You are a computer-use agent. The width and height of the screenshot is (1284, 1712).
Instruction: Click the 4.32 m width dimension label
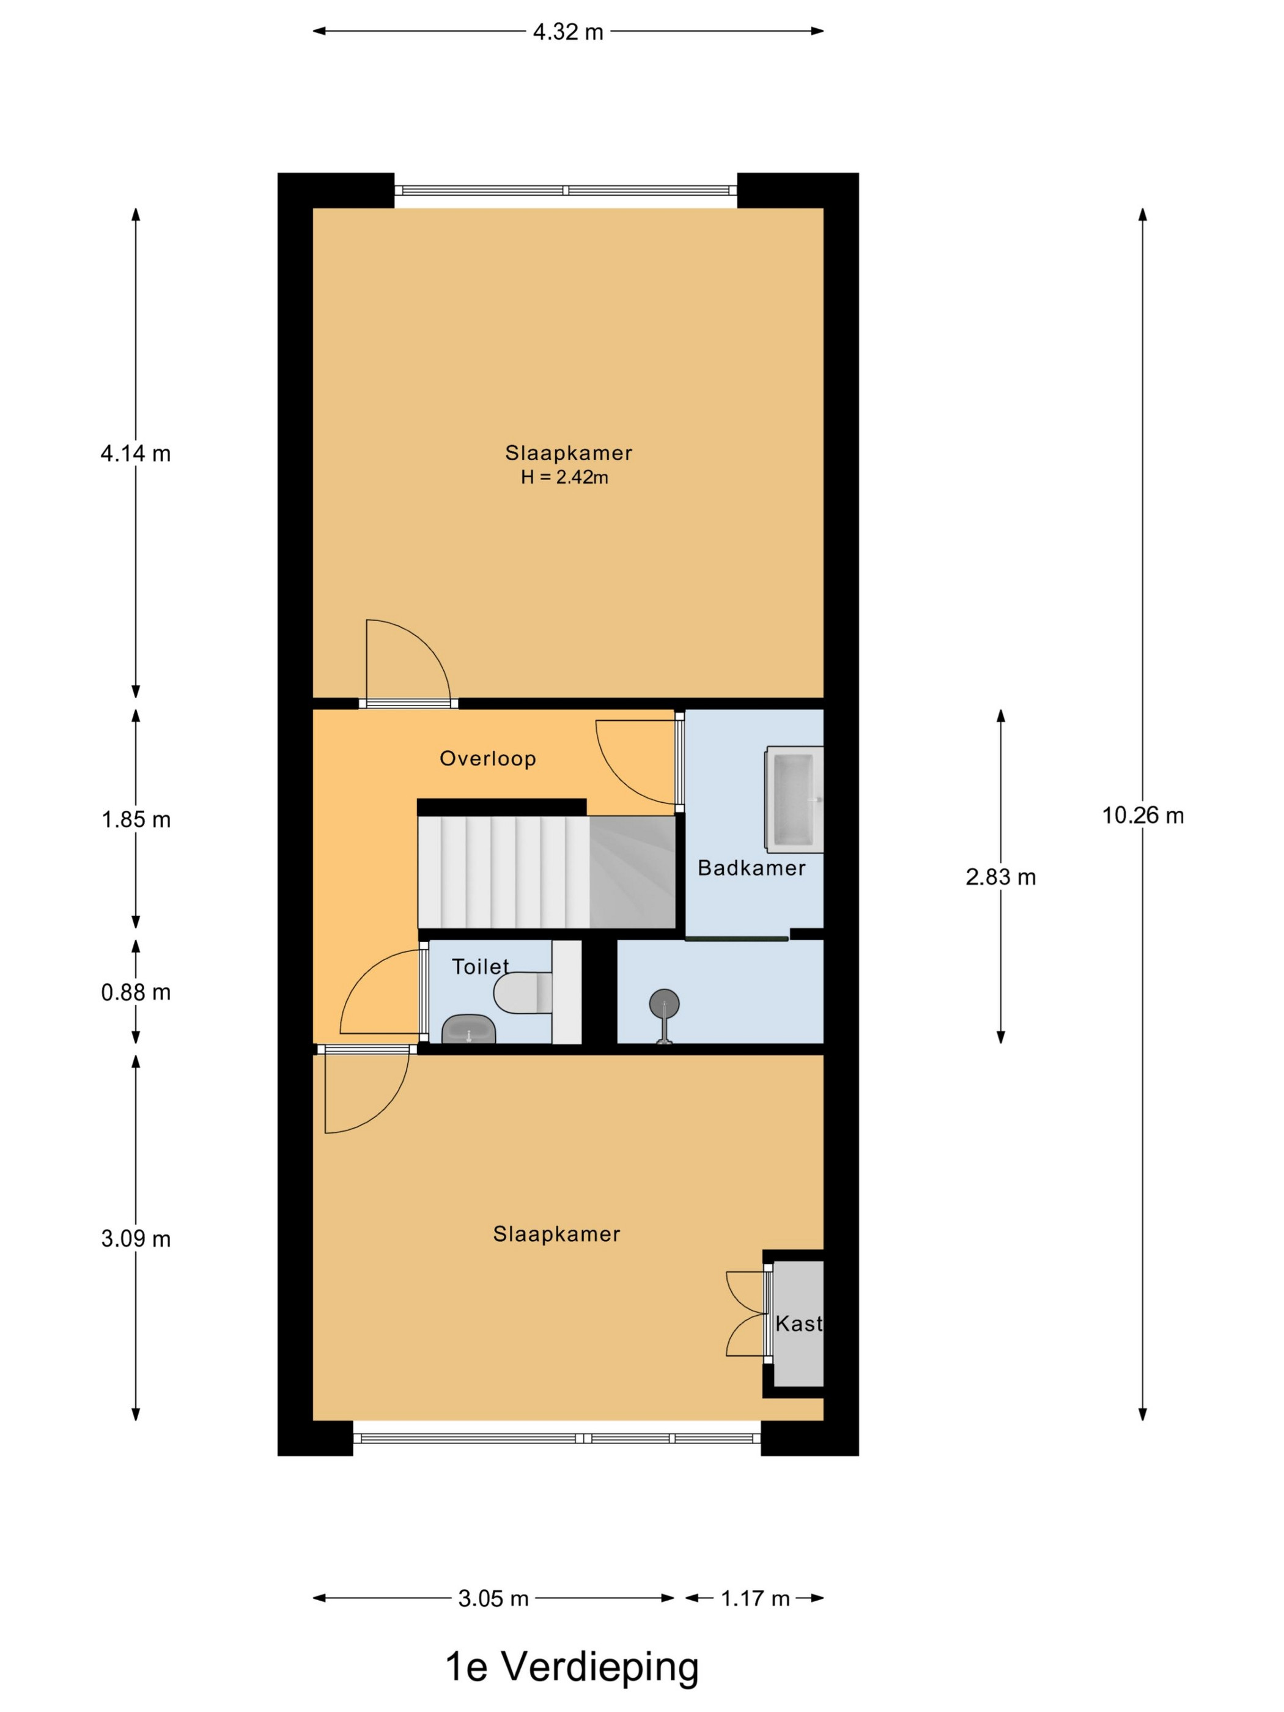[567, 32]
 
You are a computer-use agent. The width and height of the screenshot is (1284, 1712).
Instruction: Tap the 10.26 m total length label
[1142, 815]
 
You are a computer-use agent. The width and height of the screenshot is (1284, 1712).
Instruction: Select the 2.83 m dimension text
[1000, 877]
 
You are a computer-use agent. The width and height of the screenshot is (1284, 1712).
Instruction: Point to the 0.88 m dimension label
[136, 992]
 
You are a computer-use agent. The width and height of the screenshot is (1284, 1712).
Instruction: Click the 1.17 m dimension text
[755, 1598]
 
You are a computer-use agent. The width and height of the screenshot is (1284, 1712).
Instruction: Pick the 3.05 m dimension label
[493, 1598]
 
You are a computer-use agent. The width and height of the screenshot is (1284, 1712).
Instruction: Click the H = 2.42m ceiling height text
[564, 478]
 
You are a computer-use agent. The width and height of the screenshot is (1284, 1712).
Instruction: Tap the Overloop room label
[487, 759]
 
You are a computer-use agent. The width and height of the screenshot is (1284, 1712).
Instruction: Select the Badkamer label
[751, 868]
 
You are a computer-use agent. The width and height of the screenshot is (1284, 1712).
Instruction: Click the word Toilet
[480, 966]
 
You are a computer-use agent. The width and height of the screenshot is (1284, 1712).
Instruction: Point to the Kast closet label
[799, 1324]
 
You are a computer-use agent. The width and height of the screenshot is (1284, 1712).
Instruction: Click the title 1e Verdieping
[572, 1666]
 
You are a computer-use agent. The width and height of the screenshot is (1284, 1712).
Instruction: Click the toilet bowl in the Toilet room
[522, 992]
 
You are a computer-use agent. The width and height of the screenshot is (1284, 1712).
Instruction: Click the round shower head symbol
[664, 1005]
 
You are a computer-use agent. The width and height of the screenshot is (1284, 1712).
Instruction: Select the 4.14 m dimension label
[136, 454]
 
